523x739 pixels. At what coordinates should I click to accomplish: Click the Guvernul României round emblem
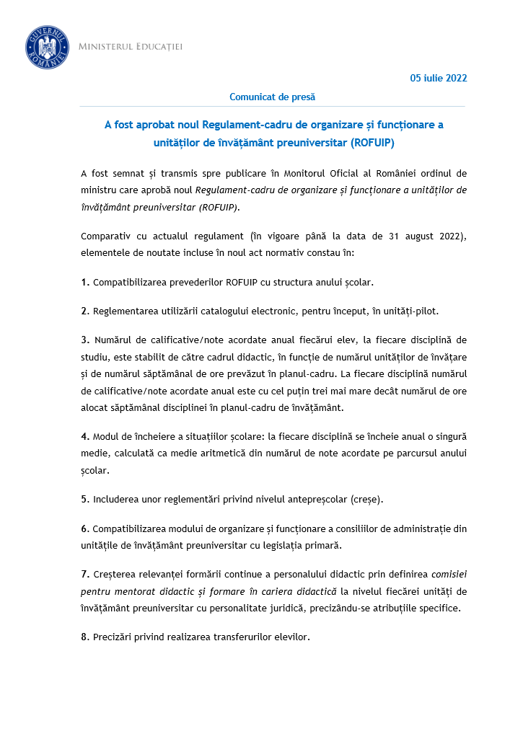click(47, 47)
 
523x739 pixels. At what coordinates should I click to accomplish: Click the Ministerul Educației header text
click(130, 47)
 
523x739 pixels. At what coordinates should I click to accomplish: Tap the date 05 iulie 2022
click(439, 78)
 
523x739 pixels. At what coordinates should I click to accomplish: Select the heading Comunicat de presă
click(272, 97)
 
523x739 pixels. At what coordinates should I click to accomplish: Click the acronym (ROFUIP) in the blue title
click(372, 143)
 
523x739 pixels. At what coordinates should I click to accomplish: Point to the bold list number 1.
click(85, 282)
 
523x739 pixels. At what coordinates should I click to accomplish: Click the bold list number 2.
click(85, 311)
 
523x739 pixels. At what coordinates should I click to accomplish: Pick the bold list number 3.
click(85, 340)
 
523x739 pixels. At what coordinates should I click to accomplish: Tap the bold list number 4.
click(85, 437)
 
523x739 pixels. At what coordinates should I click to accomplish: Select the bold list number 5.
click(85, 499)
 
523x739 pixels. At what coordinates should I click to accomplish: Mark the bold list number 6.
click(85, 528)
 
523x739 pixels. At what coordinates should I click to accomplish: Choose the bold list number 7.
click(85, 573)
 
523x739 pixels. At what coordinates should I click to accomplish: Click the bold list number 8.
click(85, 637)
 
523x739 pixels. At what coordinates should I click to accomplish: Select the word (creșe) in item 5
click(367, 499)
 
